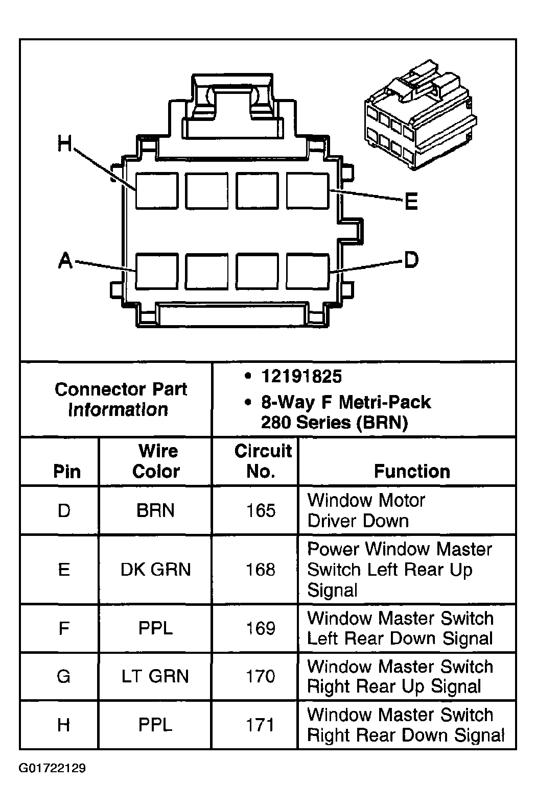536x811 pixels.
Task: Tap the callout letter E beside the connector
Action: [x=411, y=202]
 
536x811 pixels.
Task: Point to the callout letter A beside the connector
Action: [x=65, y=261]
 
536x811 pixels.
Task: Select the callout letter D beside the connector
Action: [x=411, y=260]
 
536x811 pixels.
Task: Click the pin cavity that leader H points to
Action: [x=157, y=191]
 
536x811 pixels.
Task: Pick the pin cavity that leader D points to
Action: [x=308, y=272]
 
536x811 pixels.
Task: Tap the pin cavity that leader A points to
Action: [x=157, y=272]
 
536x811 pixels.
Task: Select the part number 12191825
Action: [x=301, y=377]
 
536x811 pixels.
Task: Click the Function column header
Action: [x=412, y=471]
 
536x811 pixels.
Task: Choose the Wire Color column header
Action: [x=156, y=461]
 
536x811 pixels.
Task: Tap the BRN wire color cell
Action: [x=155, y=510]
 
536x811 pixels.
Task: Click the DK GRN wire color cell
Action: [x=155, y=569]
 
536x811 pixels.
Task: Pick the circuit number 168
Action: [x=261, y=569]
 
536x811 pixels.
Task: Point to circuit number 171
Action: [x=261, y=725]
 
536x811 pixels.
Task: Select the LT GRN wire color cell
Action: [x=155, y=676]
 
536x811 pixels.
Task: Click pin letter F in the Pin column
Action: [x=64, y=628]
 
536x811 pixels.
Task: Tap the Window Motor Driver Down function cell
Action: [x=366, y=510]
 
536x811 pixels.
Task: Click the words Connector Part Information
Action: [x=121, y=399]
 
